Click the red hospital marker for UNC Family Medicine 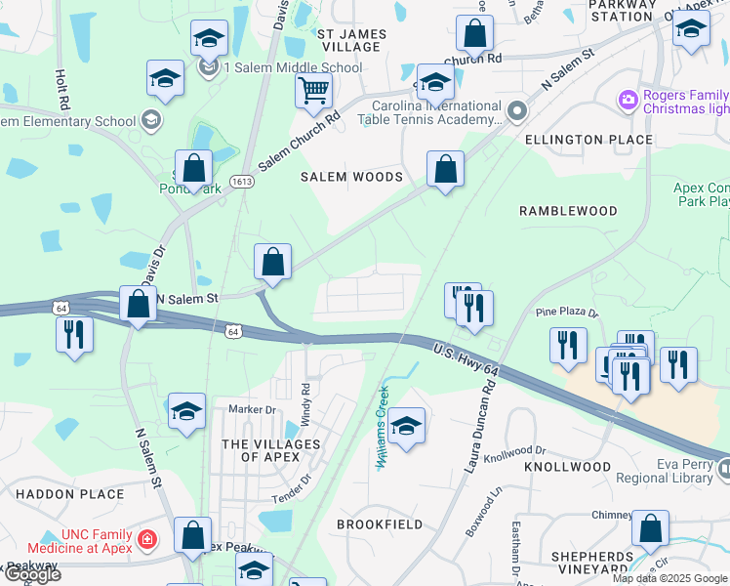click(147, 538)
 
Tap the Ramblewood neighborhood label click(568, 211)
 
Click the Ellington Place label click(588, 140)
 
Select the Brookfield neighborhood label click(380, 524)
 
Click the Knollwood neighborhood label click(567, 468)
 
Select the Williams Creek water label click(383, 427)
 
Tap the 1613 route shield click(242, 182)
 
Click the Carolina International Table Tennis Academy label click(436, 113)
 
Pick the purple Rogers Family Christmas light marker click(627, 99)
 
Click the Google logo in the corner click(32, 575)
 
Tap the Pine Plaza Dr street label click(565, 313)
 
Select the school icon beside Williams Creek click(406, 425)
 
